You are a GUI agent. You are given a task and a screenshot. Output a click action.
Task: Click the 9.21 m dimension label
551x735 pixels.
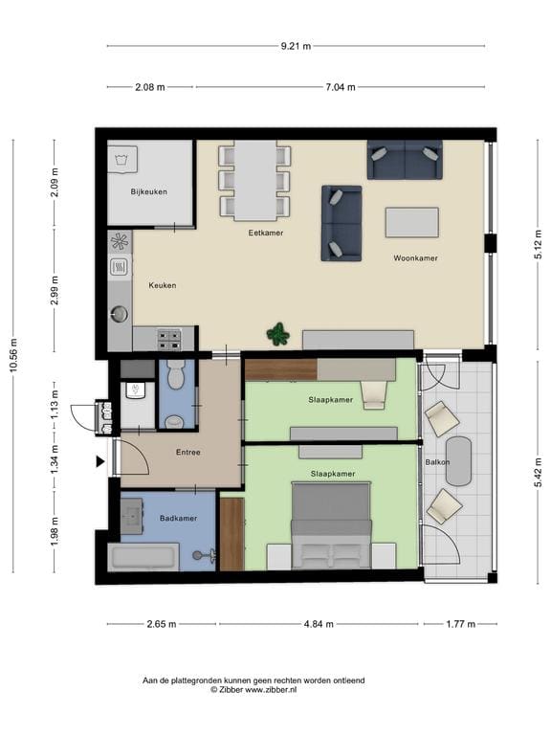pos(296,46)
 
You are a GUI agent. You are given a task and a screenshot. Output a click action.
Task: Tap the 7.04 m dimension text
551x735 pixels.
pos(341,87)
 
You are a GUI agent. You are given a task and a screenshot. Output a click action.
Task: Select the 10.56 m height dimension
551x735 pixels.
pos(13,355)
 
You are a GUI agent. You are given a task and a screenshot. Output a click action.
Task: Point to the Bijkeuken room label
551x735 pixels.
pos(149,191)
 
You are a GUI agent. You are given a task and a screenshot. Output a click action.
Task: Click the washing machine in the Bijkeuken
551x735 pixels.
pos(122,160)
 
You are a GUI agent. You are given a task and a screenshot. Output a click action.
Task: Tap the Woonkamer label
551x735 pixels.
pos(415,257)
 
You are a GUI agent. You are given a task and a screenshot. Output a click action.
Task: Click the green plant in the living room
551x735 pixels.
pos(278,334)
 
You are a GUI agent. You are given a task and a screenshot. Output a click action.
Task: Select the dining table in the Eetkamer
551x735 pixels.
pos(254,181)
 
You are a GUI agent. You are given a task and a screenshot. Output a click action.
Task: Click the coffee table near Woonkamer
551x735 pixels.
pos(412,223)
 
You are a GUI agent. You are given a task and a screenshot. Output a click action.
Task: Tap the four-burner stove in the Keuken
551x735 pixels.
pos(169,340)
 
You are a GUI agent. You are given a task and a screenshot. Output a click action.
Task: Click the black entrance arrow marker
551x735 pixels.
pos(100,461)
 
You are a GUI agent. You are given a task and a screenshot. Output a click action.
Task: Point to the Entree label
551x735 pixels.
pos(188,453)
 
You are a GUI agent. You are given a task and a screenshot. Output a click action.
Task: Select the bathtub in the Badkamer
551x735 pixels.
pos(143,557)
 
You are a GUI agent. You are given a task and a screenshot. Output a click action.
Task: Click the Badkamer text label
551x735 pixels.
pos(178,518)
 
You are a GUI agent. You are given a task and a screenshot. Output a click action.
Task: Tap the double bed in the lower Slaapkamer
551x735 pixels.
pos(331,525)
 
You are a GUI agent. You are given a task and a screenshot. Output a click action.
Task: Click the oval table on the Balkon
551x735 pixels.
pos(459,461)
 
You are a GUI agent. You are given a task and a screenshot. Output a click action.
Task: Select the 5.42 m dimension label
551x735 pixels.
pos(539,473)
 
